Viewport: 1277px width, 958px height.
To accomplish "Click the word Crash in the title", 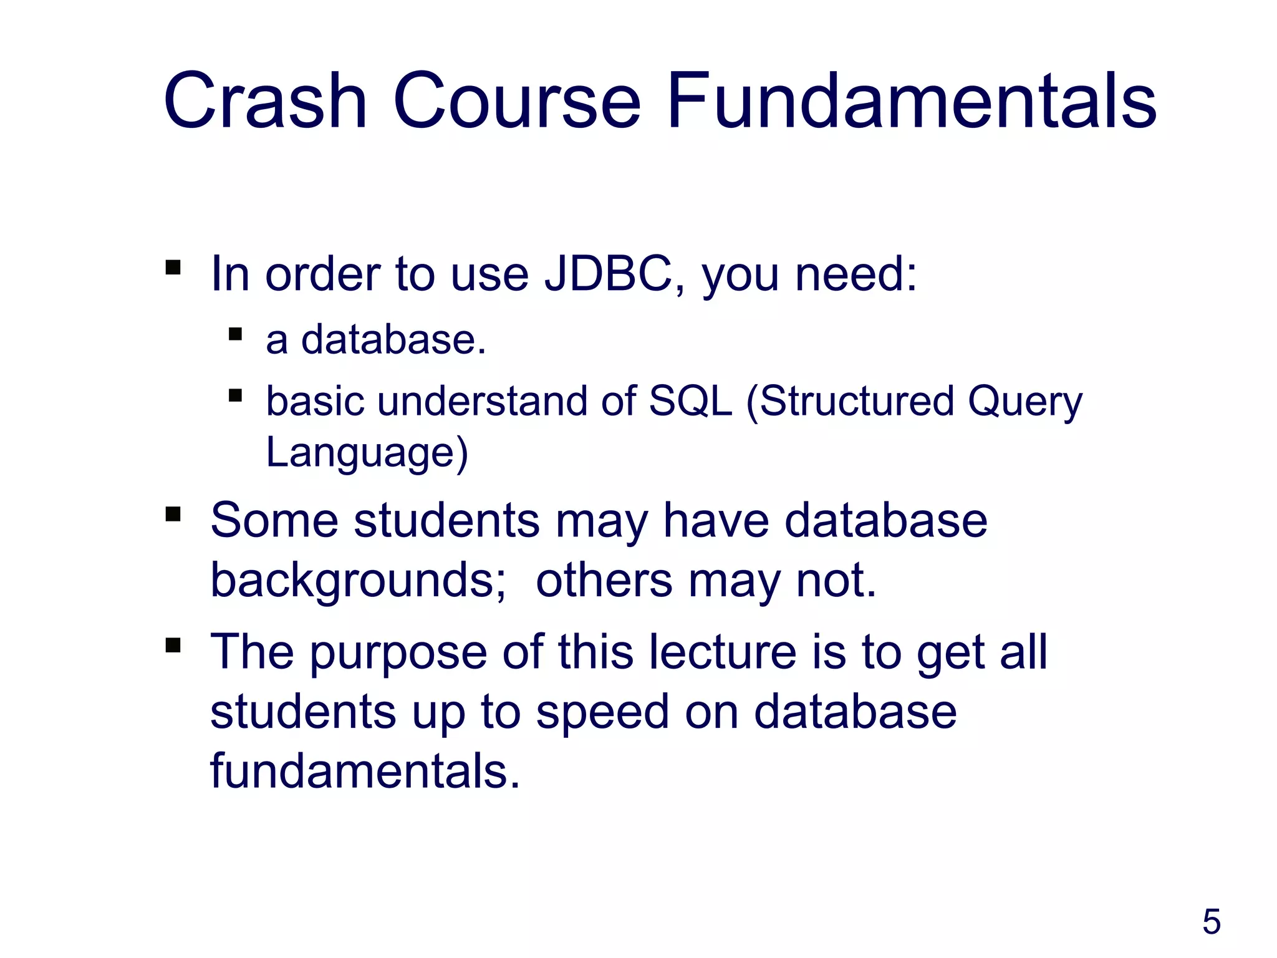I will coord(265,101).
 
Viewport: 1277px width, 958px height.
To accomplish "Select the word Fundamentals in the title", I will coord(912,101).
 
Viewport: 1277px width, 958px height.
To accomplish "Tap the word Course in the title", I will coord(517,101).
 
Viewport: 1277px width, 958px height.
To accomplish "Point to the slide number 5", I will coord(1211,922).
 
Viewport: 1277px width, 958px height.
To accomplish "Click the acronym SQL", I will coord(690,400).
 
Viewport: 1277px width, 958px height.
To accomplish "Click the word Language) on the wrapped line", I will coord(367,453).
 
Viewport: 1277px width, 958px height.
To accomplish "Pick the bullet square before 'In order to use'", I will coord(173,268).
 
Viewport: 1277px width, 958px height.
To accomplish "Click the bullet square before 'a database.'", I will coord(235,334).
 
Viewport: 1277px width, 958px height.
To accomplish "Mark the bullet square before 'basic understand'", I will coord(235,395).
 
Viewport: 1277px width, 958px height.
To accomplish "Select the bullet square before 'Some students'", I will coord(173,515).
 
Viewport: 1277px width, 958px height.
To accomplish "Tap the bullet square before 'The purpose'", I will coord(173,645).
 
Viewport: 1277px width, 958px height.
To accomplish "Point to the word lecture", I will coord(722,652).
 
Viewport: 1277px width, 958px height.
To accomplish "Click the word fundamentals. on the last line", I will coord(365,771).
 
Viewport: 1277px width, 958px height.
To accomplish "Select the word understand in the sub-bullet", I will coord(482,400).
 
